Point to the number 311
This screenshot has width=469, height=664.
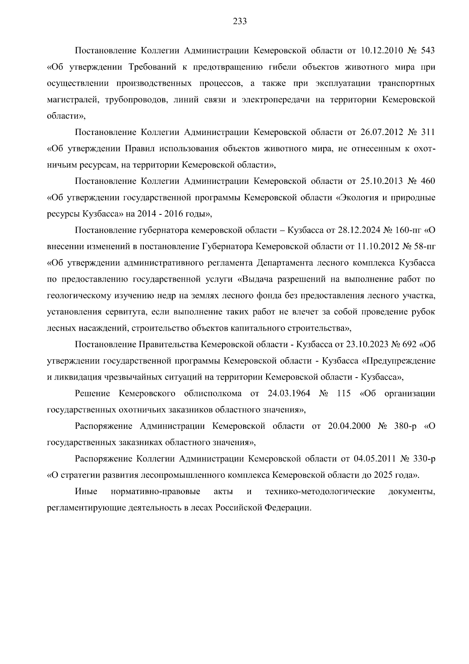428,132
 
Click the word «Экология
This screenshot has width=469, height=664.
356,198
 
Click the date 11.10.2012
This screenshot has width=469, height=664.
377,247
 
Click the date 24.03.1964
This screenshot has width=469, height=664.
289,393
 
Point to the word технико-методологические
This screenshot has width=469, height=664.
320,491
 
